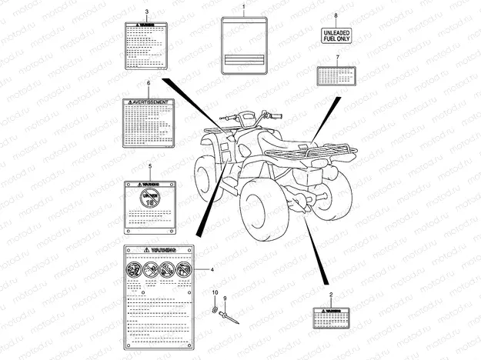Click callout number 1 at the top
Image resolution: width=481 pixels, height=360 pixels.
pyautogui.click(x=244, y=6)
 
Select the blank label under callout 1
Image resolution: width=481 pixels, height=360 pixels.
pyautogui.click(x=244, y=46)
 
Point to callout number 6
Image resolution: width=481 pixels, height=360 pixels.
pyautogui.click(x=148, y=83)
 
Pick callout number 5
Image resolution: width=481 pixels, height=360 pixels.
pyautogui.click(x=149, y=166)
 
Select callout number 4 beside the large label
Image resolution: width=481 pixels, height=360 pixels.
pyautogui.click(x=212, y=270)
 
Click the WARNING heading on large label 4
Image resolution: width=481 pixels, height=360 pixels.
pyautogui.click(x=160, y=251)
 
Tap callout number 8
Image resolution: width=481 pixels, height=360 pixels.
pyautogui.click(x=336, y=16)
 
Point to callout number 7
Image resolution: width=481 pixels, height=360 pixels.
pyautogui.click(x=336, y=58)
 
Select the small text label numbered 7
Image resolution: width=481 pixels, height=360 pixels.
pyautogui.click(x=336, y=75)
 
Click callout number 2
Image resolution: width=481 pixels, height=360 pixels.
pyautogui.click(x=331, y=295)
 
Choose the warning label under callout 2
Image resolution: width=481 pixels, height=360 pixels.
pyautogui.click(x=332, y=315)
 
